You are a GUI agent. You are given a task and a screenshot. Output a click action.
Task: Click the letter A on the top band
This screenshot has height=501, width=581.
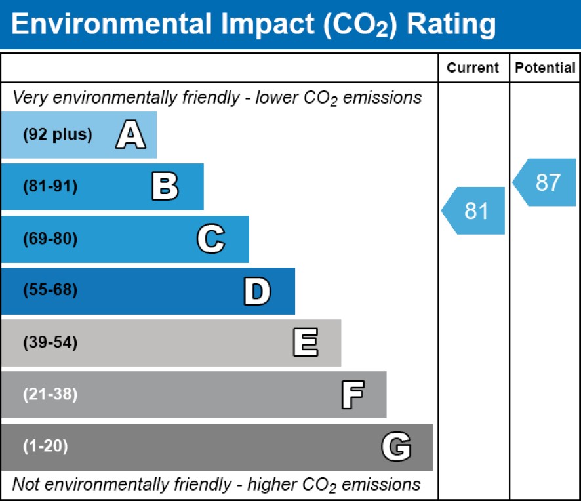pyautogui.click(x=130, y=135)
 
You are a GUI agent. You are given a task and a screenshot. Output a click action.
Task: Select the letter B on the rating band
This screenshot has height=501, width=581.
pyautogui.click(x=165, y=187)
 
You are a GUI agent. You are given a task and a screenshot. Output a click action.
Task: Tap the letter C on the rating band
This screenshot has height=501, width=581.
pyautogui.click(x=210, y=239)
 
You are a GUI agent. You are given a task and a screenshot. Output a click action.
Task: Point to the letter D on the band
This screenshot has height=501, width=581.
pyautogui.click(x=256, y=291)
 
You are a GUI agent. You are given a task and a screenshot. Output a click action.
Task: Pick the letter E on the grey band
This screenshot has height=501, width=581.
pyautogui.click(x=305, y=343)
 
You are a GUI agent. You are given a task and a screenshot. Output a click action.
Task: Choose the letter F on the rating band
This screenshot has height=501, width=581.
pyautogui.click(x=352, y=395)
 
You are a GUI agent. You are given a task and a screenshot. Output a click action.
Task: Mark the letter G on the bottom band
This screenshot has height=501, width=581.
pyautogui.click(x=396, y=447)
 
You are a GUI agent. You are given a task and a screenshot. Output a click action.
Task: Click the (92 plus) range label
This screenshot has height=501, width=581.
pyautogui.click(x=58, y=135)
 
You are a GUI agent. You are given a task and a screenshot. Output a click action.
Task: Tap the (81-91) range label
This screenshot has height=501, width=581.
pyautogui.click(x=50, y=187)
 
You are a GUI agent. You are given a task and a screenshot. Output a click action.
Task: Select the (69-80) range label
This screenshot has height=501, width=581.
pyautogui.click(x=50, y=239)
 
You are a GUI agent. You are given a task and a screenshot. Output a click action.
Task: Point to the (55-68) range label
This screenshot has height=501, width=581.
pyautogui.click(x=50, y=291)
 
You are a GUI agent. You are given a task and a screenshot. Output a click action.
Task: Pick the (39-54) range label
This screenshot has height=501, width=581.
pyautogui.click(x=50, y=343)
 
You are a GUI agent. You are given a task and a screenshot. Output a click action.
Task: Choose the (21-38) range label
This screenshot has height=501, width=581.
pyautogui.click(x=50, y=395)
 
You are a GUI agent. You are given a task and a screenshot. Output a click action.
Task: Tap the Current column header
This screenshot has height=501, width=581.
pyautogui.click(x=473, y=68)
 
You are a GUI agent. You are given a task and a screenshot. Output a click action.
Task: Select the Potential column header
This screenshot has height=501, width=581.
pyautogui.click(x=545, y=68)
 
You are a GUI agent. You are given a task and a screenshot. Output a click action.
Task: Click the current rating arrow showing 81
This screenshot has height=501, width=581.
pyautogui.click(x=474, y=210)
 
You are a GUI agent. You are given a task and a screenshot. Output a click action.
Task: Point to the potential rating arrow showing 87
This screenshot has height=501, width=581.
pyautogui.click(x=546, y=182)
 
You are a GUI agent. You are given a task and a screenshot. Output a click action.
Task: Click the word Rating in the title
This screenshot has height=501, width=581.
pyautogui.click(x=451, y=24)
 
